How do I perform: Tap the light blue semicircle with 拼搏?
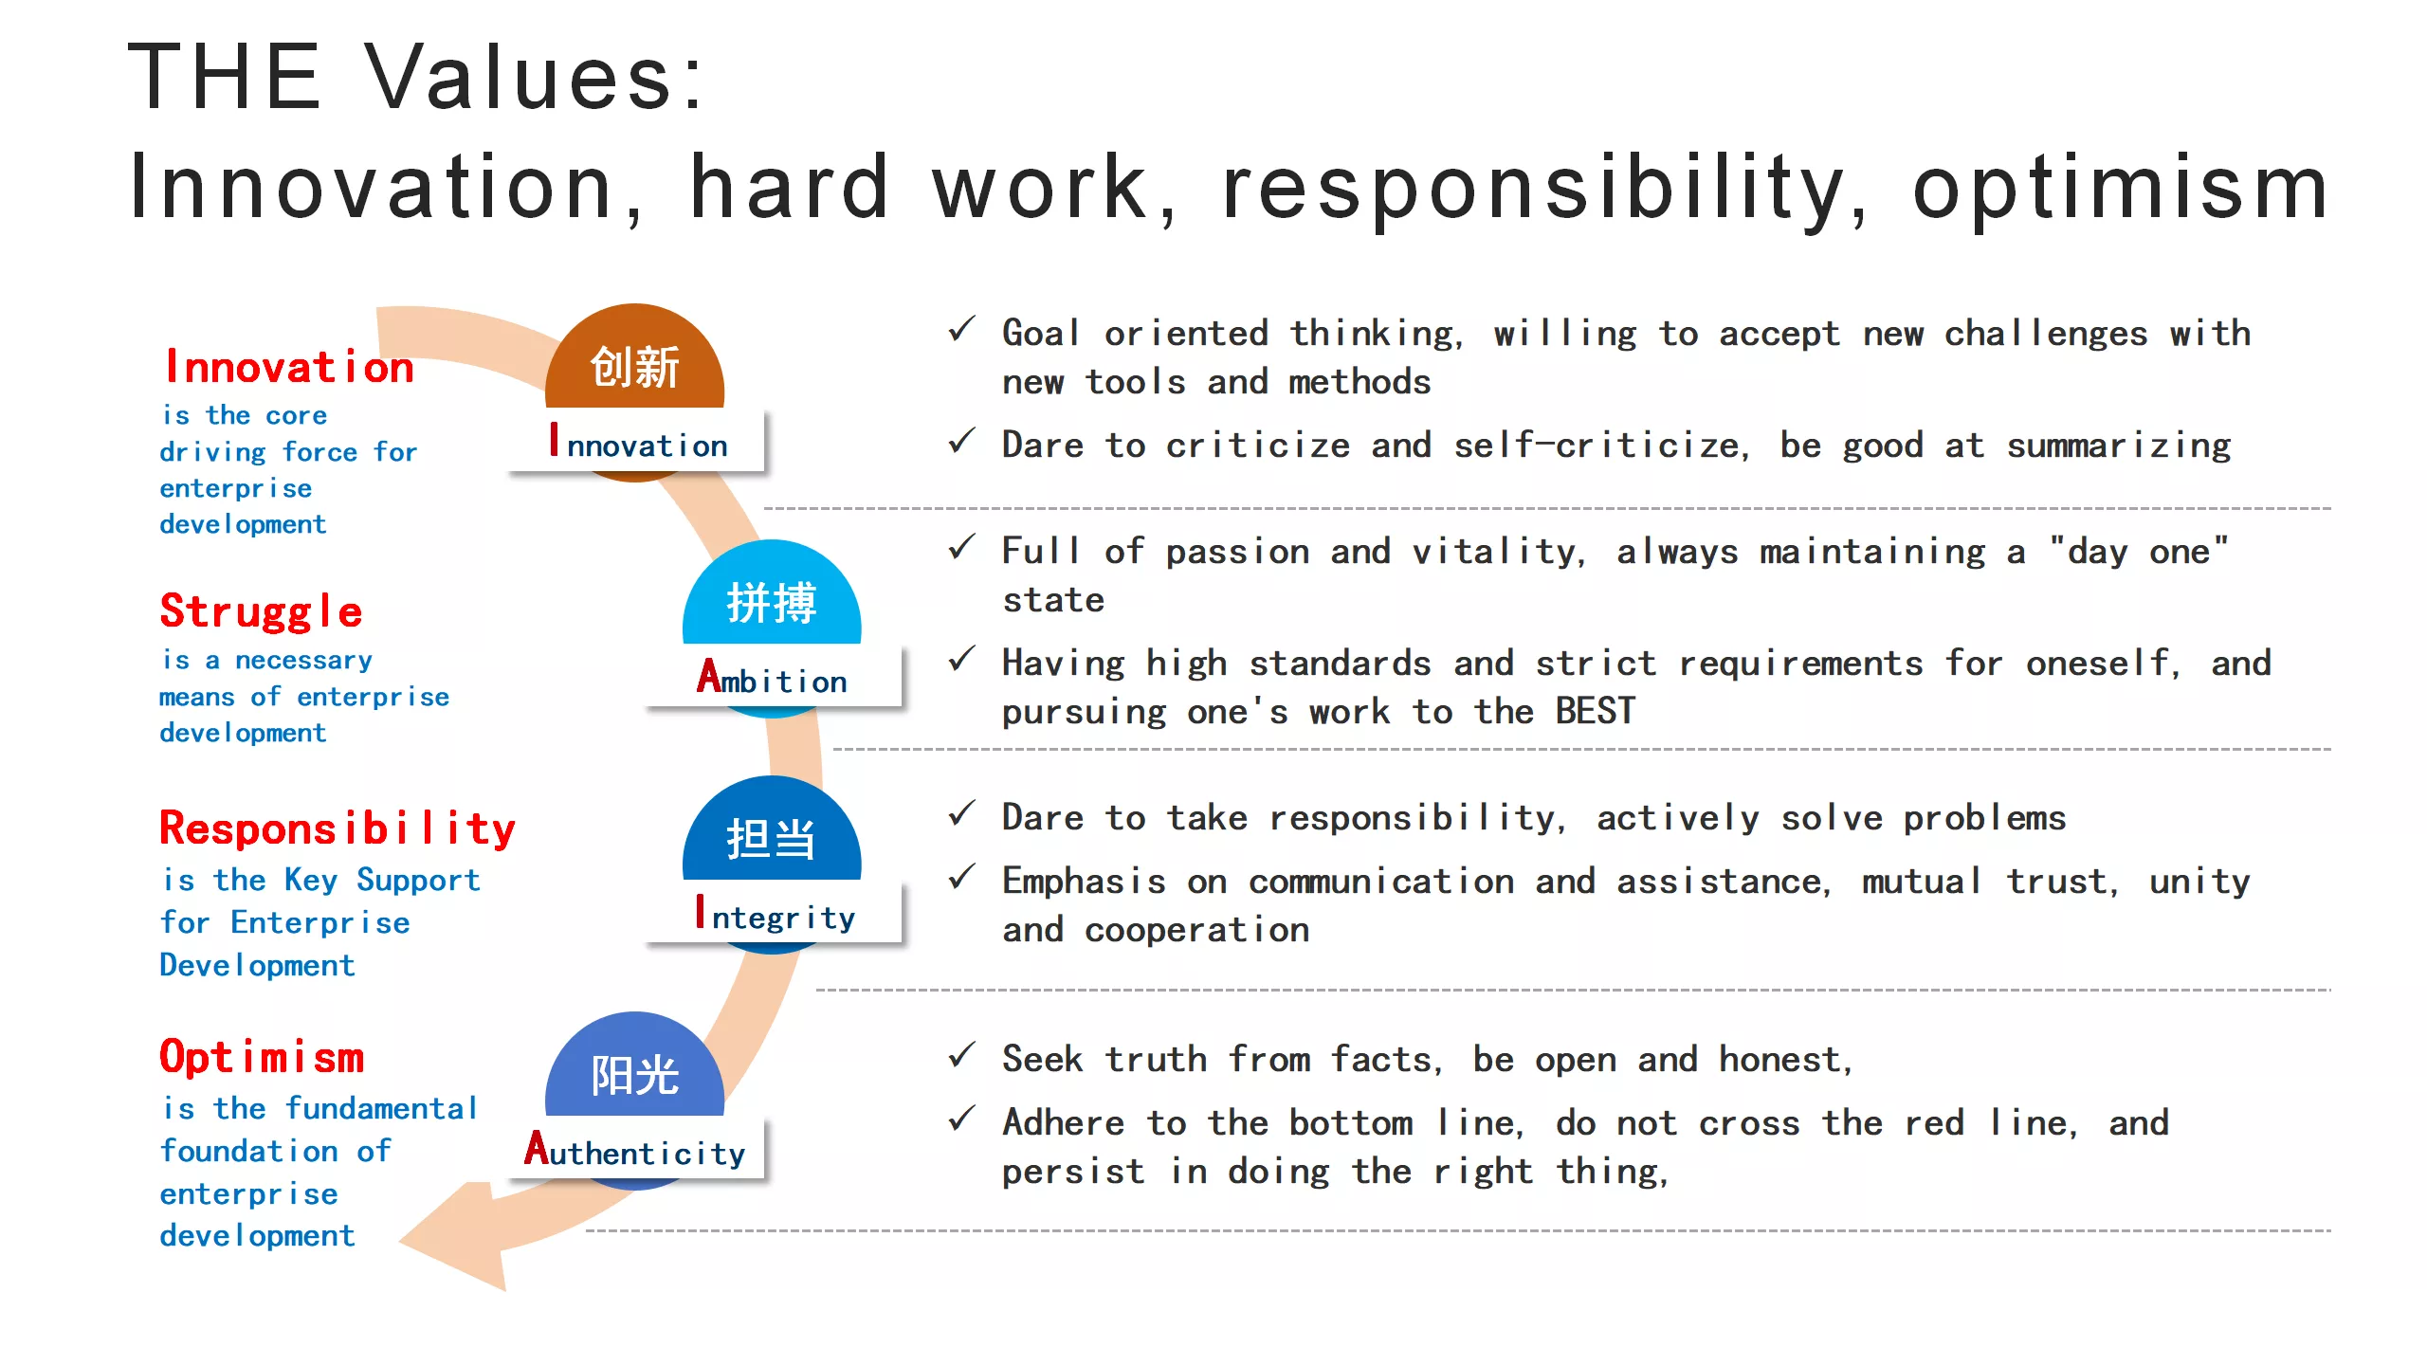(x=772, y=595)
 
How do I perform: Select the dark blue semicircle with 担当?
(x=772, y=831)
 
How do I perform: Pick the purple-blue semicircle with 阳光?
(x=634, y=1067)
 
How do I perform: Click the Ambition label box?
(x=773, y=676)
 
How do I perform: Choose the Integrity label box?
(x=773, y=912)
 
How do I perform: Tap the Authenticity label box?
(x=635, y=1148)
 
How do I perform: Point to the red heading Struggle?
(x=261, y=611)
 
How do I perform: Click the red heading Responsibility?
(x=338, y=829)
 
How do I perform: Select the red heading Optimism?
(x=262, y=1057)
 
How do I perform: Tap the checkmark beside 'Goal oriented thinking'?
(x=961, y=329)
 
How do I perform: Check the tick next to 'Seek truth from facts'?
(x=961, y=1054)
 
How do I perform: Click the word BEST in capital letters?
(x=1596, y=711)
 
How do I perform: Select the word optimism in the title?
(x=2120, y=188)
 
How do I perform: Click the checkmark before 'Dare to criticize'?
(x=961, y=441)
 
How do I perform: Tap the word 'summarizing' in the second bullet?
(x=2119, y=446)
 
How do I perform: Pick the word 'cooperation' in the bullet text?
(x=1196, y=931)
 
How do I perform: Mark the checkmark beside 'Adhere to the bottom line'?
(x=961, y=1119)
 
